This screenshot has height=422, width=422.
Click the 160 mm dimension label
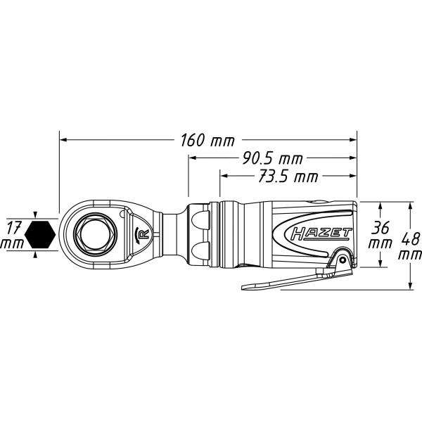point(207,140)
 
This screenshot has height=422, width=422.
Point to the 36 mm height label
point(381,235)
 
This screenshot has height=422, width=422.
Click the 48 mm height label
point(410,245)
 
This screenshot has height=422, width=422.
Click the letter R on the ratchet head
point(143,234)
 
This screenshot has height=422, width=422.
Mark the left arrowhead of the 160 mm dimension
point(64,140)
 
